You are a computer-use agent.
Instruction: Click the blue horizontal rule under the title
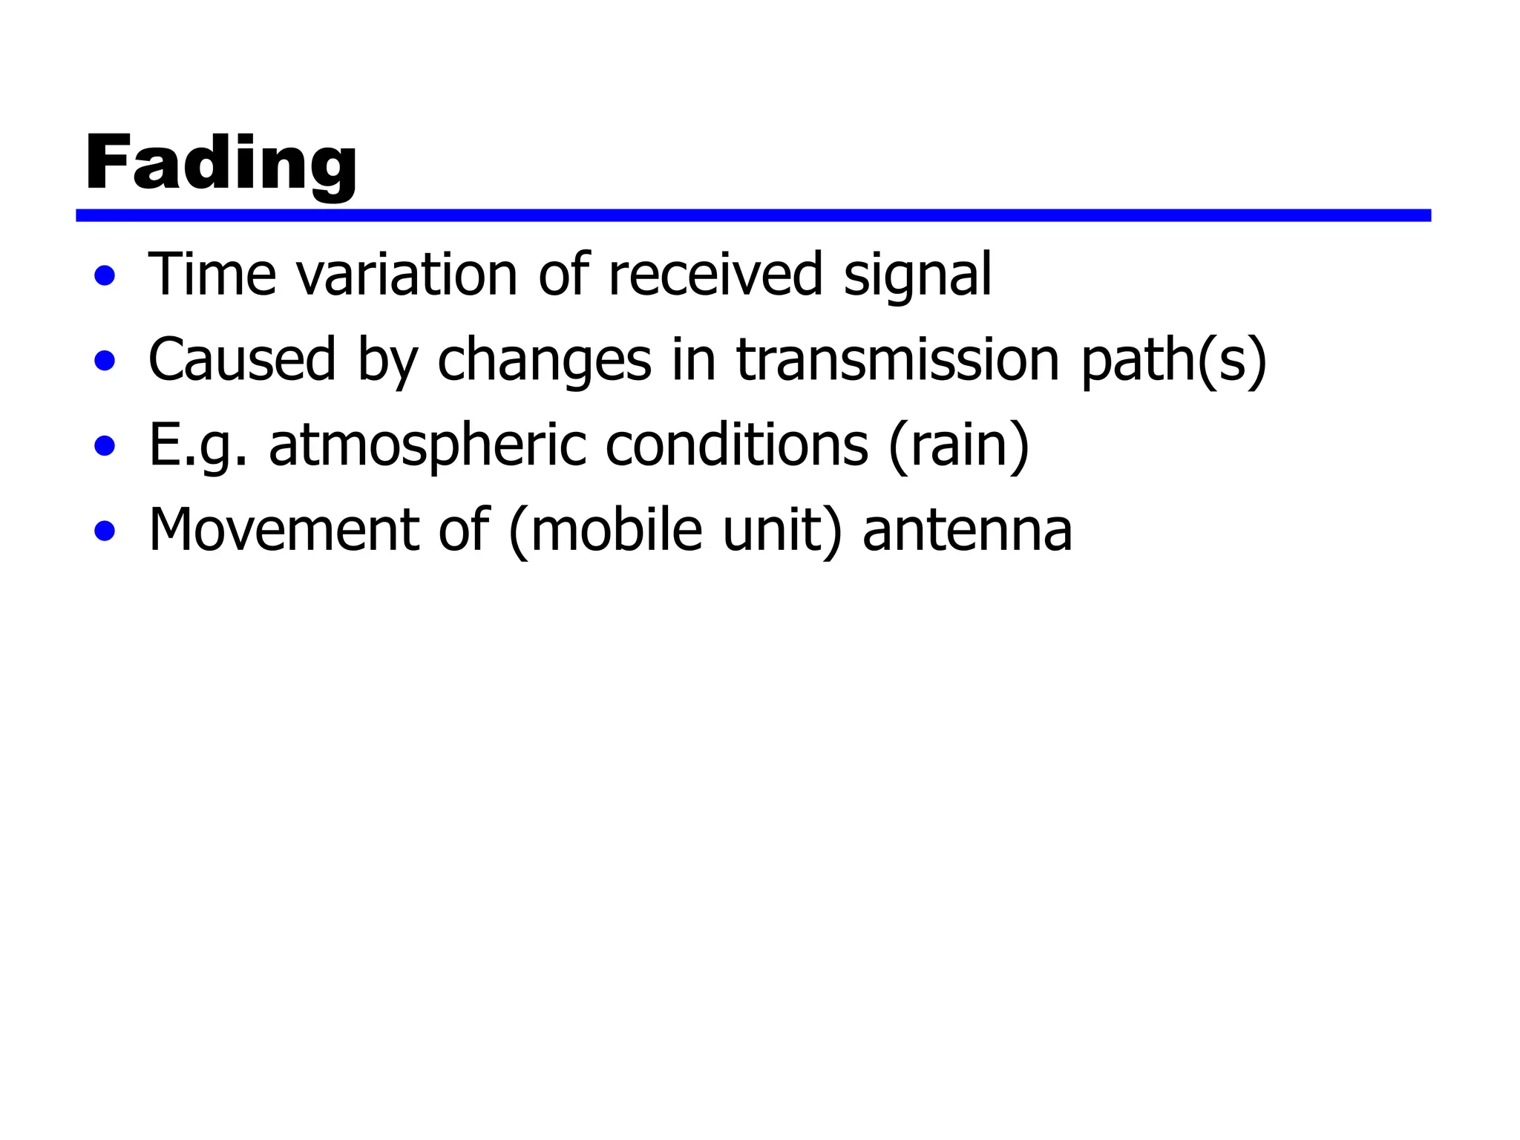pos(753,215)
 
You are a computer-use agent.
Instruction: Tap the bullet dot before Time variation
pos(105,276)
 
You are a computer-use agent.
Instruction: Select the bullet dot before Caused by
pos(105,361)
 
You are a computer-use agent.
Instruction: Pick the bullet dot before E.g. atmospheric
pos(105,446)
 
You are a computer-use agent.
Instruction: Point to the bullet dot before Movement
pos(105,531)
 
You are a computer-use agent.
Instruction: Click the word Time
pos(212,275)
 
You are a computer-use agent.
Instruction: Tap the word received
pos(715,275)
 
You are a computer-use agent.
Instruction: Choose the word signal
pos(917,276)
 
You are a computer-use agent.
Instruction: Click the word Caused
pos(242,360)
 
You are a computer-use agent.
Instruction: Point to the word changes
pos(544,361)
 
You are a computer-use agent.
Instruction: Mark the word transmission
pos(897,360)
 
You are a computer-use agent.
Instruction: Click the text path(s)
pos(1173,361)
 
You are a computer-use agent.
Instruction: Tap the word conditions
pos(736,445)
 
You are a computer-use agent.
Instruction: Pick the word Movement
pos(284,530)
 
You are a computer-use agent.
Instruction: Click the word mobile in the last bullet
pos(616,530)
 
